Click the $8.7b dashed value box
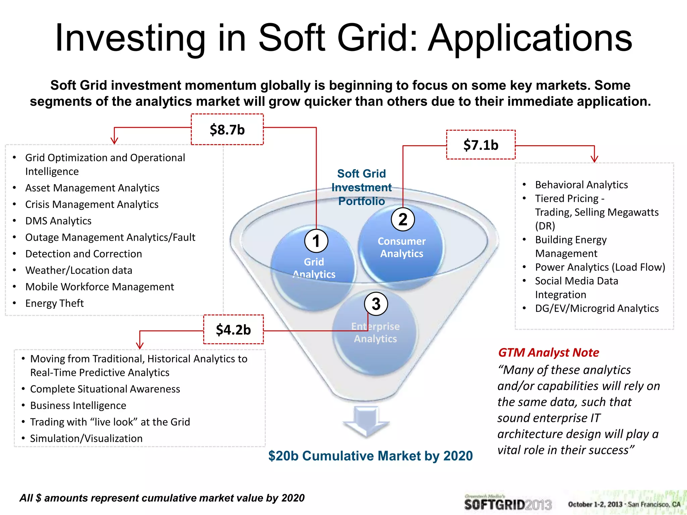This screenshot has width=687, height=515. click(227, 129)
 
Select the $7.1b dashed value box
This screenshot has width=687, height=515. click(481, 145)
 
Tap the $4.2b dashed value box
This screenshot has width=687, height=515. click(233, 330)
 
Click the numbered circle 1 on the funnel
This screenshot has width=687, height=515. click(316, 241)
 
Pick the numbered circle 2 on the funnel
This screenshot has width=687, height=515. click(403, 219)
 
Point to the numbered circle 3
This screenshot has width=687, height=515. click(376, 304)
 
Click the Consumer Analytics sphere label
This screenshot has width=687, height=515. click(402, 247)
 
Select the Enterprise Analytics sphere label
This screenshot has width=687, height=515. click(375, 333)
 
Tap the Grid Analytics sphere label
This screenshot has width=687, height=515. click(314, 268)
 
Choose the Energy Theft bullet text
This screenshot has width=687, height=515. click(54, 303)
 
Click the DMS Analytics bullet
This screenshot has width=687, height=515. click(58, 221)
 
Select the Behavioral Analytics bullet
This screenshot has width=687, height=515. click(581, 184)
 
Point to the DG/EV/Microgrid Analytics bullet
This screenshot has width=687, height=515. click(597, 308)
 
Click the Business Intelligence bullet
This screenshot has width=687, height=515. click(78, 405)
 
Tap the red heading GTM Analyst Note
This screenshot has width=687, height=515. click(548, 352)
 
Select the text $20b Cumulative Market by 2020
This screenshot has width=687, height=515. click(370, 456)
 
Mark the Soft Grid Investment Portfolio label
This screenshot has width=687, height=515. click(361, 187)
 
